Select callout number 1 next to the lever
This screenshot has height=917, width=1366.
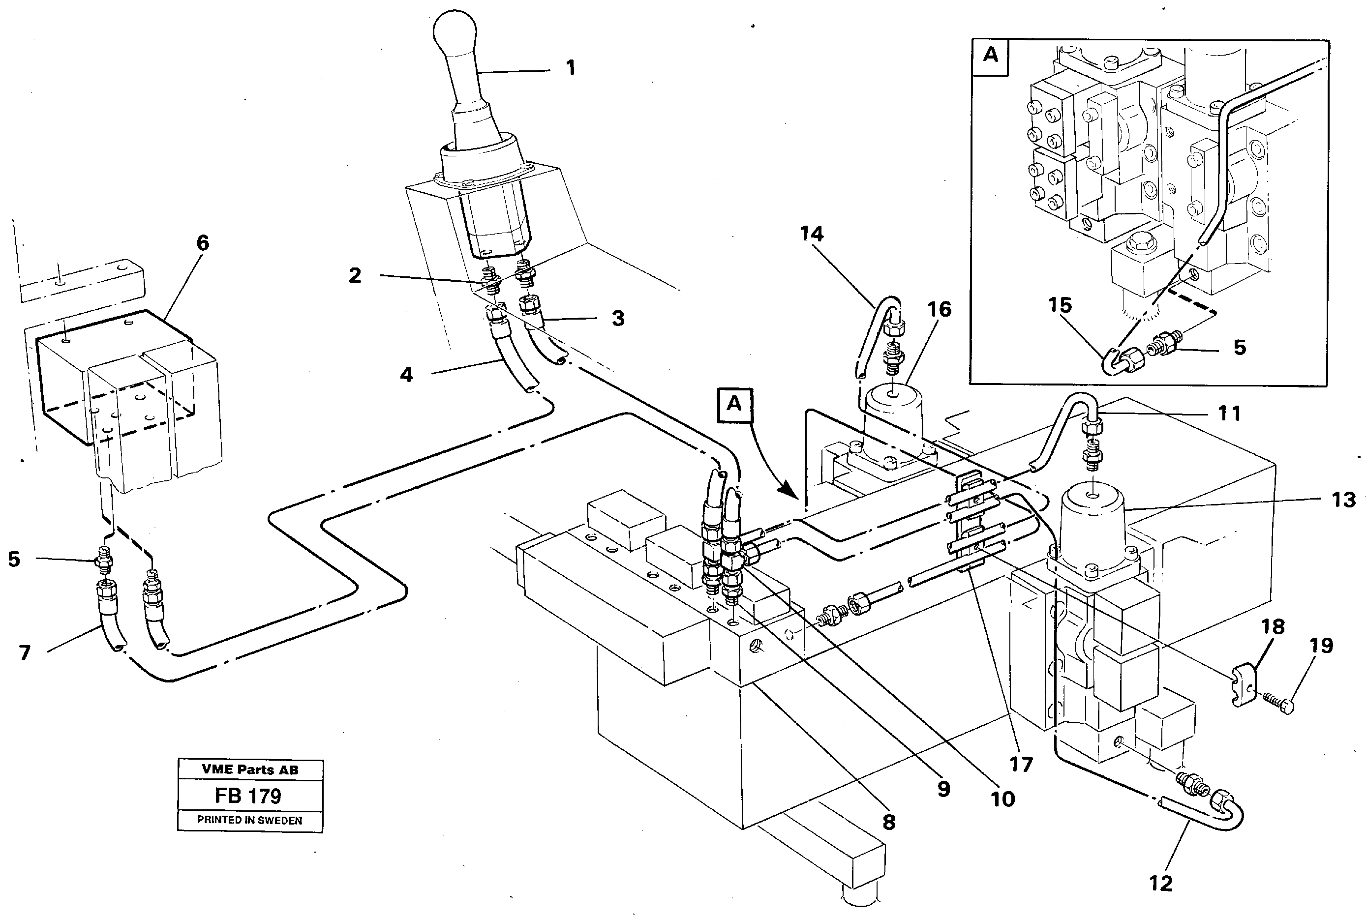(571, 68)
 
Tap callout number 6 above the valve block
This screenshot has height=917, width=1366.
(202, 243)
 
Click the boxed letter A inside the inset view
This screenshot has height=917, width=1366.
(990, 55)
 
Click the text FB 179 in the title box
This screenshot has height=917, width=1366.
(248, 796)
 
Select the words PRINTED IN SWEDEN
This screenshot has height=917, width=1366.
(249, 821)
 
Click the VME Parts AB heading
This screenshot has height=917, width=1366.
(250, 769)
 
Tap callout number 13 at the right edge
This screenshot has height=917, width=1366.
(1343, 500)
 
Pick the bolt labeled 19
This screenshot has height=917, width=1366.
(1280, 701)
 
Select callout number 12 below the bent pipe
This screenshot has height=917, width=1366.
(1161, 883)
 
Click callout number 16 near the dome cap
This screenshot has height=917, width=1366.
(940, 309)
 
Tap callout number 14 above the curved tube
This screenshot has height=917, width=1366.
(812, 234)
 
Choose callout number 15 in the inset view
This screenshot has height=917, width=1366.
(1060, 305)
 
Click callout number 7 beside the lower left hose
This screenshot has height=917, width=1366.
(24, 652)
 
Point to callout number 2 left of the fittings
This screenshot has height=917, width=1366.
(355, 276)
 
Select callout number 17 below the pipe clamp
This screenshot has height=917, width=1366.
(1021, 765)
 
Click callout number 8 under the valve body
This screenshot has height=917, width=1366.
(889, 822)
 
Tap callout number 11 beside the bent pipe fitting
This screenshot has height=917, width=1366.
(1229, 414)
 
